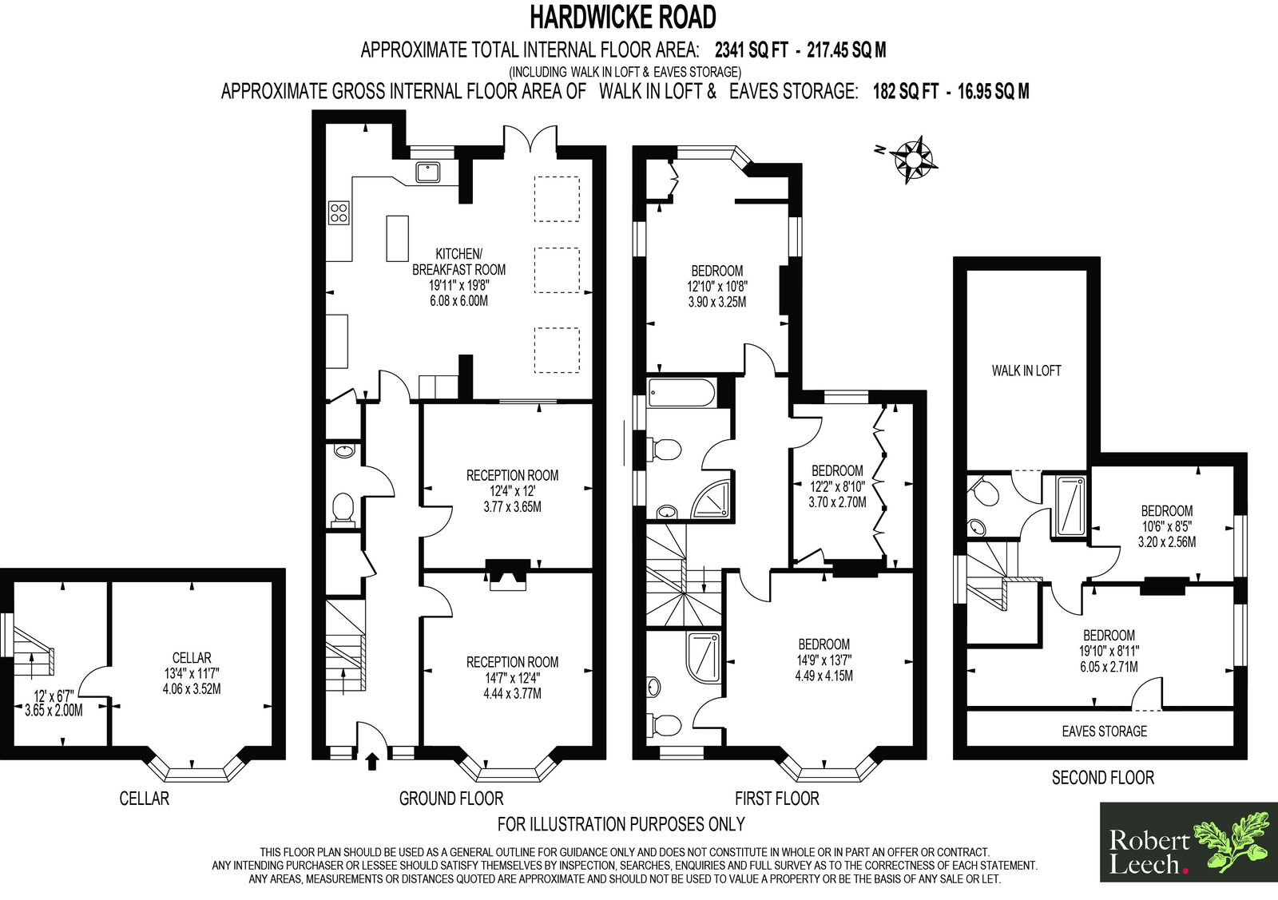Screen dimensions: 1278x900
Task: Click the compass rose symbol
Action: [x=914, y=159]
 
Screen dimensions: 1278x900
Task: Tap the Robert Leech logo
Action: [x=1188, y=842]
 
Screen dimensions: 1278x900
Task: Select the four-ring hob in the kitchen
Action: [x=339, y=212]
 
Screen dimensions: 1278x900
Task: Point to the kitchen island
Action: [x=398, y=238]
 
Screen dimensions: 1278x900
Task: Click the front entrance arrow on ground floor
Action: [x=372, y=761]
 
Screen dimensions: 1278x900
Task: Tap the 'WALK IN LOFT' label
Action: [x=1026, y=371]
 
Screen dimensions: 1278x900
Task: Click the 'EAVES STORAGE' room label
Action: [x=1104, y=731]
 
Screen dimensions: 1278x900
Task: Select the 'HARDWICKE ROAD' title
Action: [x=623, y=18]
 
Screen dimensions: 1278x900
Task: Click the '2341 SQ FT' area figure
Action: [x=752, y=50]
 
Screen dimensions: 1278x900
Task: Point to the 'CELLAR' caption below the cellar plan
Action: [x=145, y=798]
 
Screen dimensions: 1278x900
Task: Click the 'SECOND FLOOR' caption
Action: [x=1103, y=777]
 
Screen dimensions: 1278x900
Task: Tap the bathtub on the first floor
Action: [x=681, y=393]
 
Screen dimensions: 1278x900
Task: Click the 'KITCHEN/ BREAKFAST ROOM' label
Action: [x=458, y=261]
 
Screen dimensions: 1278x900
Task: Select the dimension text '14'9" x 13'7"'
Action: [x=824, y=660]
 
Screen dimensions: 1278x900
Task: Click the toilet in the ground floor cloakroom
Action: [x=343, y=508]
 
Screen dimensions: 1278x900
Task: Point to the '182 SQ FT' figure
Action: [x=906, y=91]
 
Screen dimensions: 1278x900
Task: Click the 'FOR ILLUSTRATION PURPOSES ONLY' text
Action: [x=621, y=823]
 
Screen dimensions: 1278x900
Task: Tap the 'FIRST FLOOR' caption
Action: [x=776, y=798]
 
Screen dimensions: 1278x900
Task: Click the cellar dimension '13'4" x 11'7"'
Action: [x=192, y=673]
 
